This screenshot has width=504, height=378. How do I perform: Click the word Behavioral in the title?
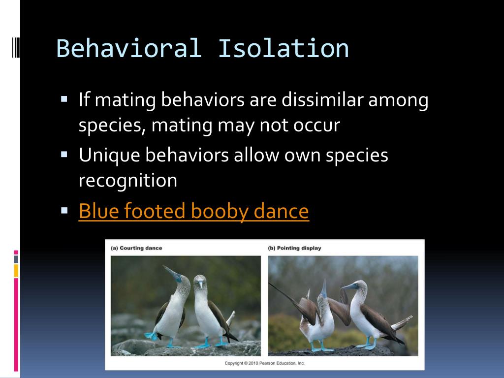point(129,48)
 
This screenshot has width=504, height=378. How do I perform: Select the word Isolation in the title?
point(283,48)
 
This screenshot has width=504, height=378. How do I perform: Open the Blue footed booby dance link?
point(193,211)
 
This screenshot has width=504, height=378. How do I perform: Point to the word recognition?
point(128,181)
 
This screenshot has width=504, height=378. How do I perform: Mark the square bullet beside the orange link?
point(64,210)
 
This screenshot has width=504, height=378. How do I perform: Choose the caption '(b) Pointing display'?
point(294,248)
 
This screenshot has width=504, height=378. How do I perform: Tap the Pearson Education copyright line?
point(265,363)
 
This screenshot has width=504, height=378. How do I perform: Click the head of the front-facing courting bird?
point(200,282)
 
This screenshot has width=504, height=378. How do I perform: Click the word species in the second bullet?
point(358,156)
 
